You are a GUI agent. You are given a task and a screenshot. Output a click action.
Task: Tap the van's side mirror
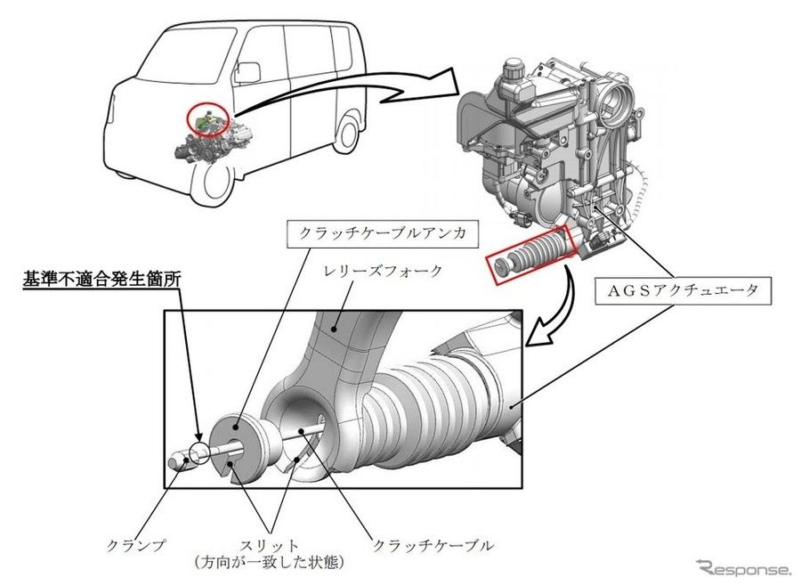pos(248,71)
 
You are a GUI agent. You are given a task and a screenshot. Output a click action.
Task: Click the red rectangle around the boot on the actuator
pos(531,255)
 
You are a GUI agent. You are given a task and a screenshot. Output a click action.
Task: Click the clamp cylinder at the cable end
pos(181,460)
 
